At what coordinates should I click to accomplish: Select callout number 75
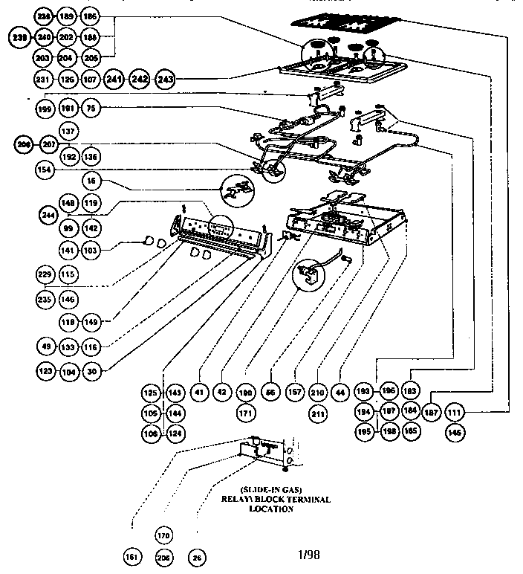tap(90, 109)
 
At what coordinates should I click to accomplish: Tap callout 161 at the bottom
tap(131, 556)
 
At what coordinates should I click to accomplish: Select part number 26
tap(198, 556)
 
